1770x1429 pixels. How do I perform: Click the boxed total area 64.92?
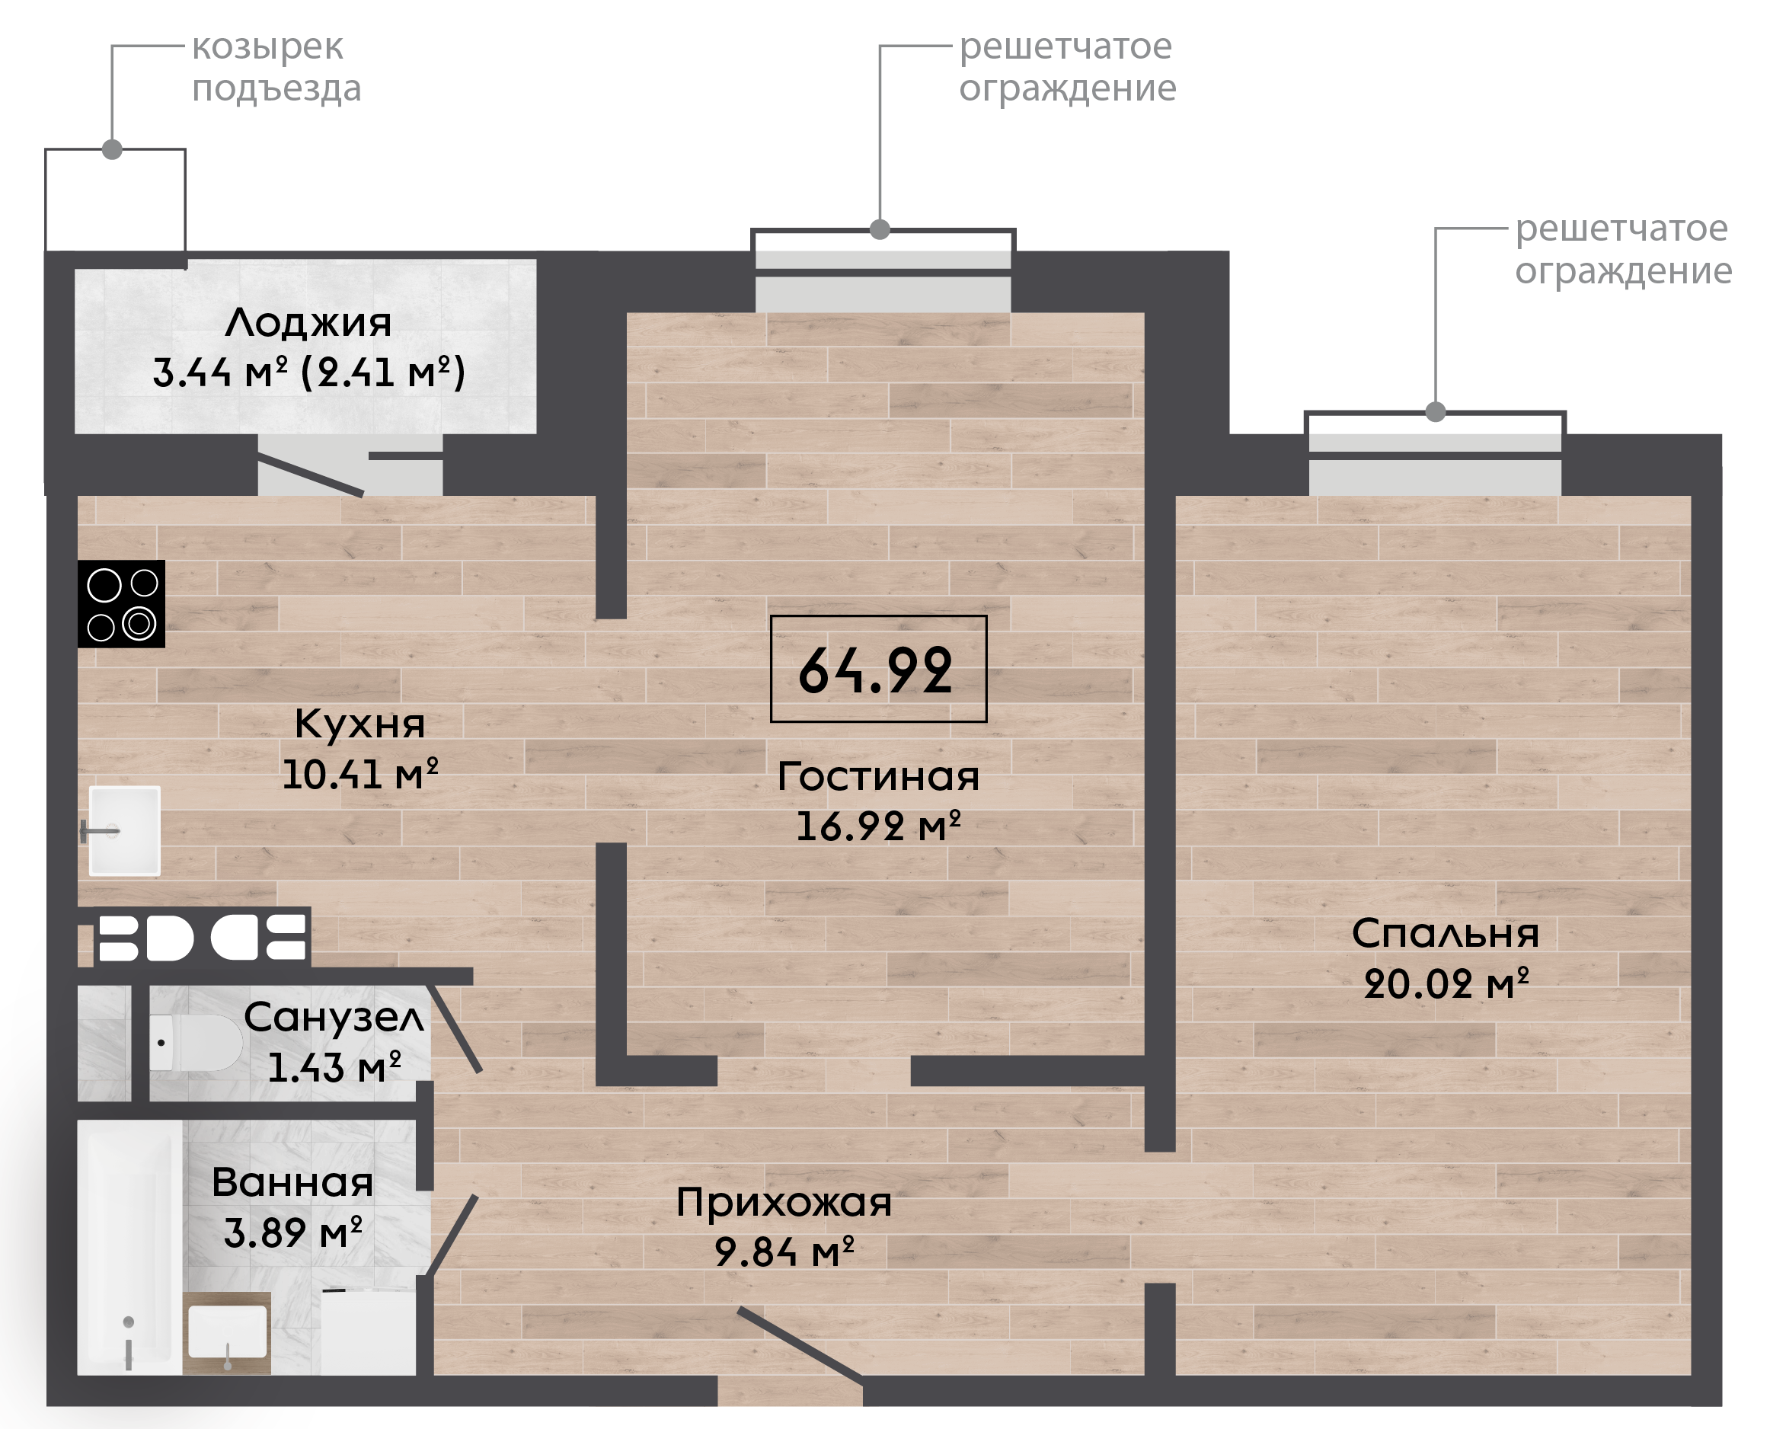(x=878, y=668)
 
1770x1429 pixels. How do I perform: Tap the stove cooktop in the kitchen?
(x=121, y=603)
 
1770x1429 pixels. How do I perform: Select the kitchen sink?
(x=123, y=830)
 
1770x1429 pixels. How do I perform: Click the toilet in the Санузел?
(x=196, y=1042)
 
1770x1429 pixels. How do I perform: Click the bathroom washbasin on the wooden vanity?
(x=227, y=1331)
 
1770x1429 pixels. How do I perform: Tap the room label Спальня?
(x=1445, y=933)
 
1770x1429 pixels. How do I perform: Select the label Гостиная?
(x=878, y=776)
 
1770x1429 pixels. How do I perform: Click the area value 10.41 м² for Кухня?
(x=359, y=775)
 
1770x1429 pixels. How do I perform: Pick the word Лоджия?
(x=308, y=323)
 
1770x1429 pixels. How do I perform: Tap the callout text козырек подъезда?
(x=276, y=69)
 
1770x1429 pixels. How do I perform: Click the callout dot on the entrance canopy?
(x=113, y=150)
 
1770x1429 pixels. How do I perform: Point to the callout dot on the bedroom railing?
(x=1436, y=411)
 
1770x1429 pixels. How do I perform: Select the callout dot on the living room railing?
(x=880, y=230)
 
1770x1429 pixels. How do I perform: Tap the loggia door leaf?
(x=311, y=478)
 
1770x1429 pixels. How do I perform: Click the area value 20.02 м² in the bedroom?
(x=1446, y=983)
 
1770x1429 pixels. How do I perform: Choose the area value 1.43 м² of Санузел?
(x=334, y=1068)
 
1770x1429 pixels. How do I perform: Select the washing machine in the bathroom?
(x=368, y=1331)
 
